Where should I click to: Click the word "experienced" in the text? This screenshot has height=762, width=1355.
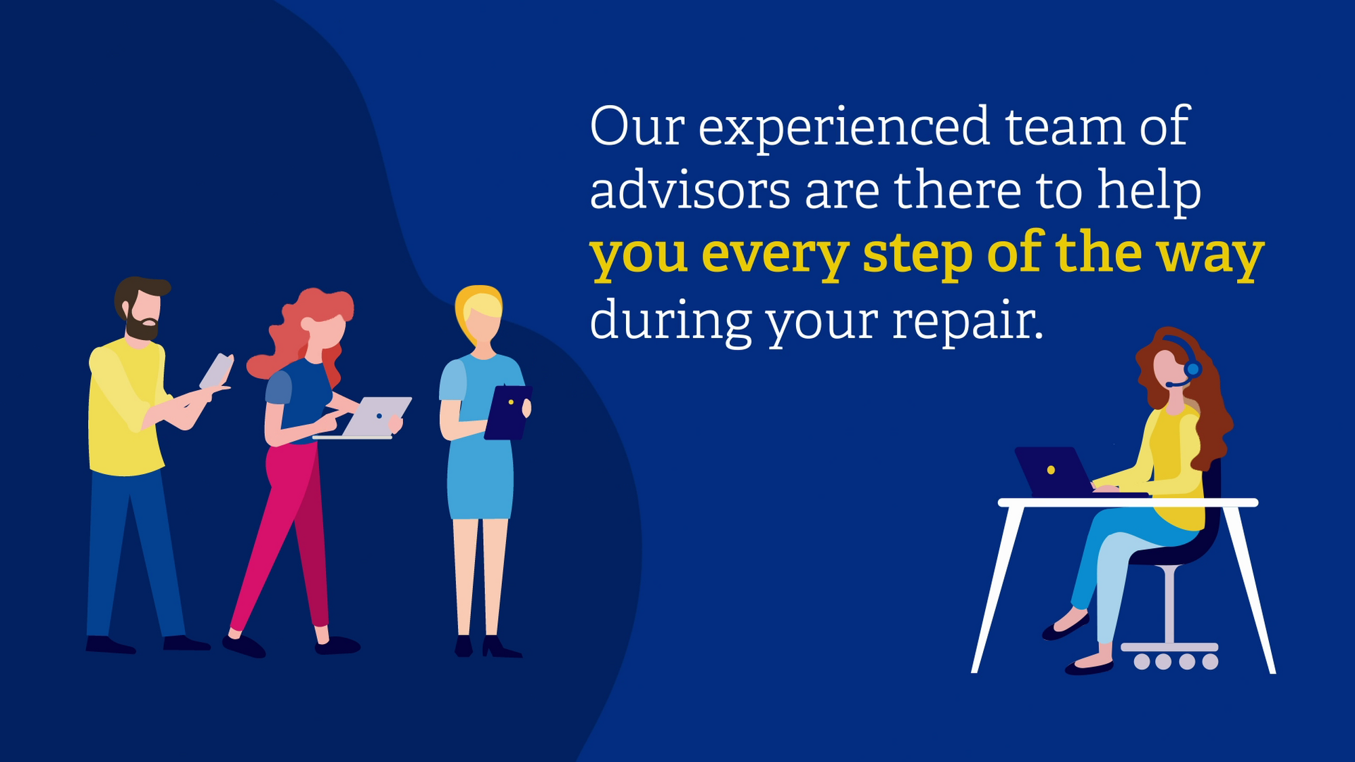click(843, 129)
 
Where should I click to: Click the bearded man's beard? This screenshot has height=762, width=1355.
click(142, 326)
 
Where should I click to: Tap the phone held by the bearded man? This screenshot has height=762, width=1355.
click(217, 371)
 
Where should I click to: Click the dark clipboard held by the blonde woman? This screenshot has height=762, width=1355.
click(508, 412)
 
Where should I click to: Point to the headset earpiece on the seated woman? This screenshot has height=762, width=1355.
click(1192, 369)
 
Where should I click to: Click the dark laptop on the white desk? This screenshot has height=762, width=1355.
click(1054, 471)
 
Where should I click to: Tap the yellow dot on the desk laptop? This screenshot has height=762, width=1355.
click(1051, 469)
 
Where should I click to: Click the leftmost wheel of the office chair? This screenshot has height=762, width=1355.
click(1142, 662)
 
